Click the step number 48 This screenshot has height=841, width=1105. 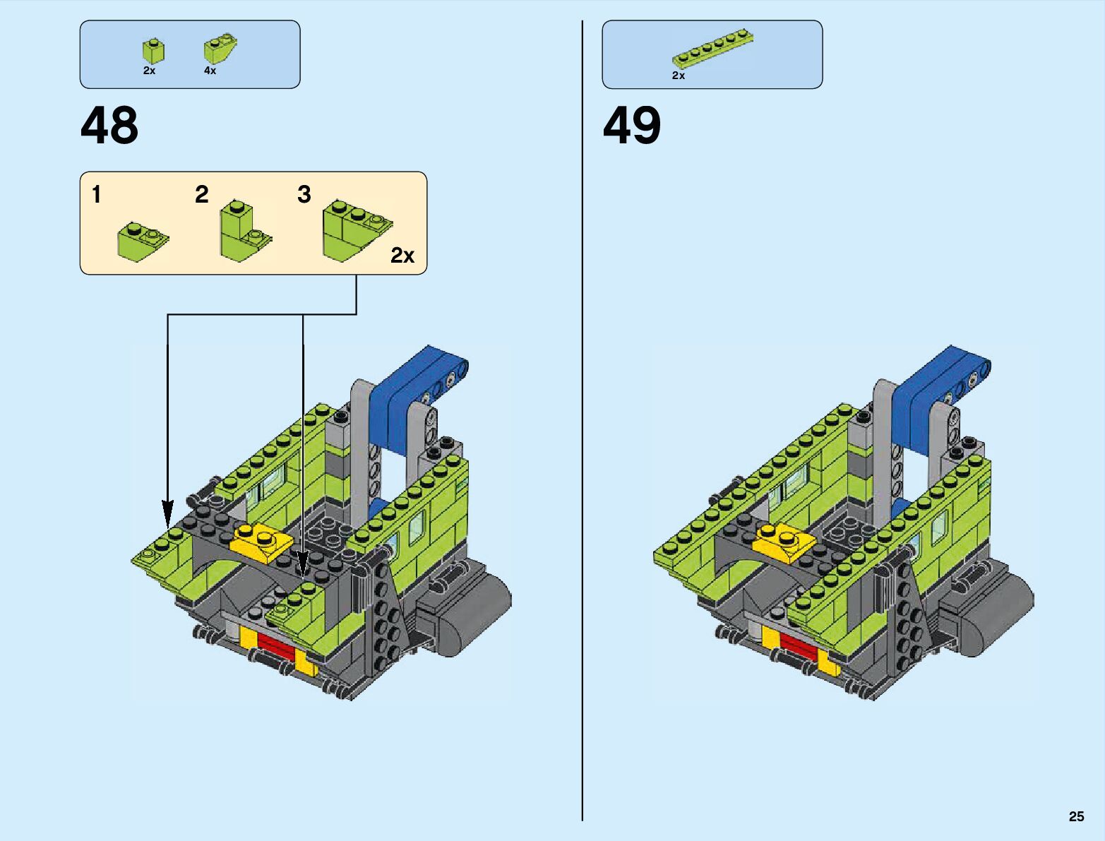[109, 126]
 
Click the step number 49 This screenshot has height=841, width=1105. [632, 126]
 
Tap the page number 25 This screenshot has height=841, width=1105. [1076, 817]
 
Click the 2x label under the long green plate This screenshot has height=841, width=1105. [679, 76]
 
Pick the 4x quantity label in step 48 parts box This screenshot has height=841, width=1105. [210, 71]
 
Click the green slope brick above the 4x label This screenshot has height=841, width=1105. [220, 49]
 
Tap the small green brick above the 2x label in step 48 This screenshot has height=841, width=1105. [153, 51]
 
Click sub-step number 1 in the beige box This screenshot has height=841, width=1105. [97, 194]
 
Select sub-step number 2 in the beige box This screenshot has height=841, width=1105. [202, 194]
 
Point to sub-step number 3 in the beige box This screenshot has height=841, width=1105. [304, 194]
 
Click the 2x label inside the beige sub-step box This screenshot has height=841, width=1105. [402, 256]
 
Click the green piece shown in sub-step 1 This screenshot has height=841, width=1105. [142, 241]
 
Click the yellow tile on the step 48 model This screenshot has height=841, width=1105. [261, 542]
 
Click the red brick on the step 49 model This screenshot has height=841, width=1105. [799, 642]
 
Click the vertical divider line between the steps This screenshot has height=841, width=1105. [583, 424]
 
